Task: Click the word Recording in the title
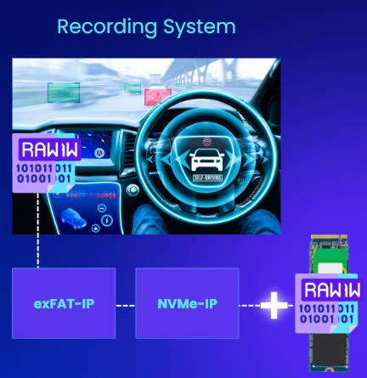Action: click(x=107, y=27)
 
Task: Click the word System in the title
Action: click(x=200, y=27)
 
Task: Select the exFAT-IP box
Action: click(x=64, y=303)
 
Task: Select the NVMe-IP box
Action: click(x=187, y=303)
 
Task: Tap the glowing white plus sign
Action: click(x=274, y=306)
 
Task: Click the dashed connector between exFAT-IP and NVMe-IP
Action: click(x=126, y=306)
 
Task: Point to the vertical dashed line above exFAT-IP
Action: click(x=38, y=230)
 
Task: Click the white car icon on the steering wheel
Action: click(x=206, y=160)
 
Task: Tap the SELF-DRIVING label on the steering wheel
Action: click(x=207, y=178)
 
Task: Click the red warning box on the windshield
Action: click(x=158, y=97)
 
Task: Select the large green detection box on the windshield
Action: click(x=64, y=93)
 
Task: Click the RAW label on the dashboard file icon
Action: click(x=49, y=150)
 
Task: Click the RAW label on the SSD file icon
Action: click(x=332, y=290)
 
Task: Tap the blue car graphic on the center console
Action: click(x=73, y=218)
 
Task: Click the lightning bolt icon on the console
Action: click(x=107, y=220)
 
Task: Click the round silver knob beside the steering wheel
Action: click(x=133, y=190)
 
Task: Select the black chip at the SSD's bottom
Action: click(x=329, y=350)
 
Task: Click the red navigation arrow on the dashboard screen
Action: click(x=99, y=153)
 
